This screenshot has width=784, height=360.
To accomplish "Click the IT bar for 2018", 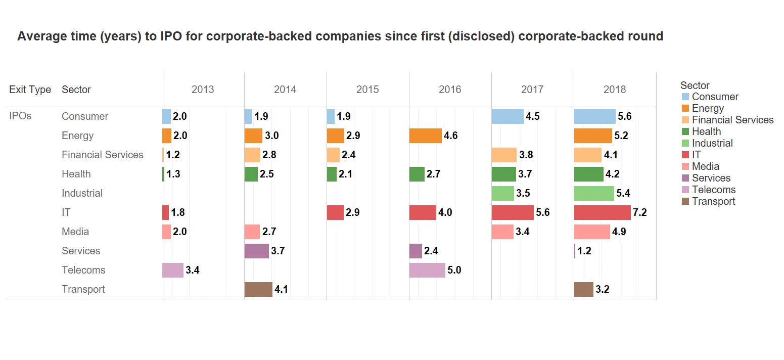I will coord(602,212).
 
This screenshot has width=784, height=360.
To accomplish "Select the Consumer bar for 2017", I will coord(508,116).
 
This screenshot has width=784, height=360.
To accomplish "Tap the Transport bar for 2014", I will coord(258,289).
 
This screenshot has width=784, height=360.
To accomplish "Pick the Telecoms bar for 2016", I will coord(427,270).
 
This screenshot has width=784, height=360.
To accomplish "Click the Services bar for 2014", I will coord(257,251).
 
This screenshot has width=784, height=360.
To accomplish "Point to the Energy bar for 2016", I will coord(425,136).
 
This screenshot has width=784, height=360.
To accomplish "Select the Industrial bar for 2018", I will coord(594,193).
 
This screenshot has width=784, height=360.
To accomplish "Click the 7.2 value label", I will coord(640,213).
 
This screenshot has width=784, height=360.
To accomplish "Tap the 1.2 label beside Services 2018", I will coord(584,251).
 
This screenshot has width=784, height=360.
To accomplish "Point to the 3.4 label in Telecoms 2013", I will coord(193,271).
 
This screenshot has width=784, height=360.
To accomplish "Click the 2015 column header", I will coord(367,89).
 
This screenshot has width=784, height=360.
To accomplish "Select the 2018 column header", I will coord(615,89).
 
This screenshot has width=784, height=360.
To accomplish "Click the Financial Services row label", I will coord(103,155).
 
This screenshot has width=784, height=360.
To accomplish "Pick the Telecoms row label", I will coord(83,270).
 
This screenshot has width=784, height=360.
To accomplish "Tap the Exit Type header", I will coord(30,89).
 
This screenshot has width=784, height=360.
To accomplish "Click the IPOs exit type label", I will coord(20,116).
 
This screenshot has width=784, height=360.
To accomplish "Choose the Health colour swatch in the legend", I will coord(685,131).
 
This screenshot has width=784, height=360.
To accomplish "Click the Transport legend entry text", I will coord(713,201).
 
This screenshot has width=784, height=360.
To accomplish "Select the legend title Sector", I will coord(695,85).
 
